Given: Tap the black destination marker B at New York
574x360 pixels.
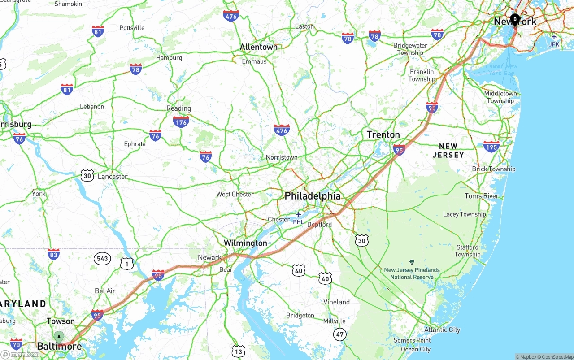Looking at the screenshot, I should (x=515, y=19).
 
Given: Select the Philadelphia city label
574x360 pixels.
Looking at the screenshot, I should (x=313, y=196).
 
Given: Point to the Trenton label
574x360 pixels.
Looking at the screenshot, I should (x=383, y=134).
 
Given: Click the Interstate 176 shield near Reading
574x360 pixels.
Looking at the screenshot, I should (x=181, y=121).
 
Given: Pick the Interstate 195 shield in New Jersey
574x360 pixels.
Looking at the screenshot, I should (x=491, y=147).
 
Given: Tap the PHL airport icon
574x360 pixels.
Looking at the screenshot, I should (x=298, y=215).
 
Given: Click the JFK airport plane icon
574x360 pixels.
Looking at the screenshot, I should (x=554, y=37).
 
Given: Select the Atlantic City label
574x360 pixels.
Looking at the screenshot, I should (x=442, y=330).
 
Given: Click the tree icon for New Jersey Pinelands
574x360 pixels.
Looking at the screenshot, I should (x=412, y=262).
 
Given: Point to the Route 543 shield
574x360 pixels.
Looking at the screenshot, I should (x=102, y=258).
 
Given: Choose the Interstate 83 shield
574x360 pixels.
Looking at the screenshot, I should (x=53, y=254).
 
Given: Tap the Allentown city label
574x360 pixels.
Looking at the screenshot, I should (x=259, y=47).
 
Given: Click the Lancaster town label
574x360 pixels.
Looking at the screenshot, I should (x=113, y=176).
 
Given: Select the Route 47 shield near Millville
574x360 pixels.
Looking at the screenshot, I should (x=340, y=334).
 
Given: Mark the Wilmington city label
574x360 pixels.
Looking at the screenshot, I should (x=245, y=243).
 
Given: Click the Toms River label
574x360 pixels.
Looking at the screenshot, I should (x=482, y=196).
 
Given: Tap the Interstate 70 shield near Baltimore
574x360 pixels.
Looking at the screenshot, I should (x=17, y=344).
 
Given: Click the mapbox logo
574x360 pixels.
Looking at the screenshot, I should (x=20, y=354).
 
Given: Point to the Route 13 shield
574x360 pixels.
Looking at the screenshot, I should (x=239, y=351).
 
